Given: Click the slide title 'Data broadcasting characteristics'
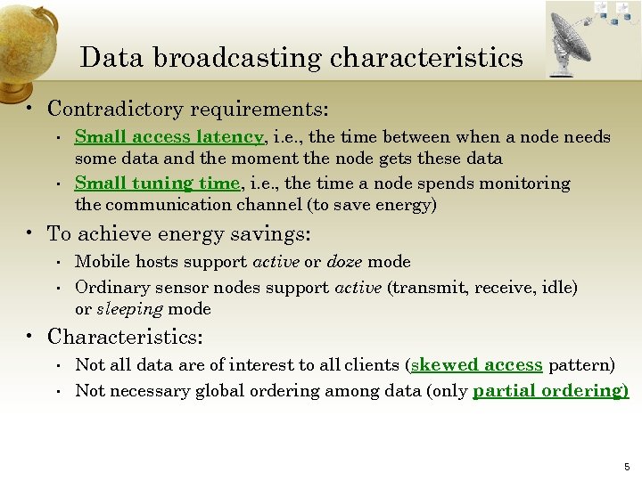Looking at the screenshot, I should pos(301,58).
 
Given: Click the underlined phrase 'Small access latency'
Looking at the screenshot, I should pos(169,137).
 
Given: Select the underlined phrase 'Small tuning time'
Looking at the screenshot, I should pos(157,183).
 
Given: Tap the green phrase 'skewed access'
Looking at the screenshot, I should pos(476,365).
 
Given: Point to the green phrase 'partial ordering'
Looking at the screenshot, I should pos(548,391).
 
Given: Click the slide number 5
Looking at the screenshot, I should pos(627,467).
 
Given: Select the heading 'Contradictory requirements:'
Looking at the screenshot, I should pos(188,110).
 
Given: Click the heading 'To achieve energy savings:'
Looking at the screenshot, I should pos(178,234).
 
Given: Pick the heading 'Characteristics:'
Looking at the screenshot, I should pos(125,338).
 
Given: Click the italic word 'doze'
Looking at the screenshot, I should pos(344,262).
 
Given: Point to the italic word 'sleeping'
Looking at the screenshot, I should pos(130,309).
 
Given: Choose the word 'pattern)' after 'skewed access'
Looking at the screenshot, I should pos(581,365).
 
